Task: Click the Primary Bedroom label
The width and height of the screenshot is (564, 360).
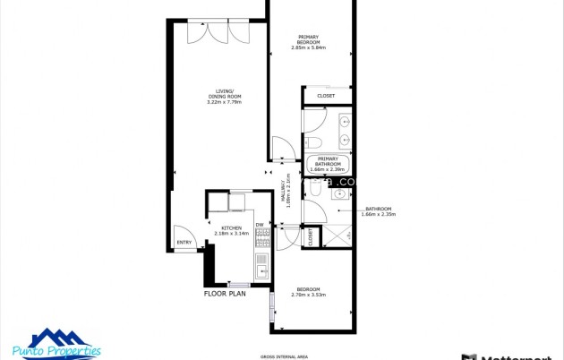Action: tap(308, 39)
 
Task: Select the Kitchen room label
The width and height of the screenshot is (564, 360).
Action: tap(232, 227)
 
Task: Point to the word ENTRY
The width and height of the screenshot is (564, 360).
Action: tap(184, 242)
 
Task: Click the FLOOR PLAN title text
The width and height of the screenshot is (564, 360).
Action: tap(225, 293)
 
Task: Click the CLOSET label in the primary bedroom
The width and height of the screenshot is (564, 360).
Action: tap(326, 96)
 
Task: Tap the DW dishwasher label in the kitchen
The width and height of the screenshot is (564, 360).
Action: tap(260, 224)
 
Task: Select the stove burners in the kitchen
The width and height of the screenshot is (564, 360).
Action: tap(262, 237)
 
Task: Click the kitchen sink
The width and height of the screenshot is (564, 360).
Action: tap(261, 265)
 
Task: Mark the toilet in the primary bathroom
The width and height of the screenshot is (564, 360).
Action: tap(312, 142)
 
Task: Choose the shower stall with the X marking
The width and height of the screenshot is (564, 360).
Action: tap(338, 236)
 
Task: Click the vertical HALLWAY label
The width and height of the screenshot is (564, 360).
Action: tap(288, 191)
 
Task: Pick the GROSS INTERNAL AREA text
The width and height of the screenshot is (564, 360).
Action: tap(284, 356)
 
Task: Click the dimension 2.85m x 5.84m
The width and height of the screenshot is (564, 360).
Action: tap(308, 47)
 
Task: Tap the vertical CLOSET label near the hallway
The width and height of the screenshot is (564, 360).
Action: tap(311, 237)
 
